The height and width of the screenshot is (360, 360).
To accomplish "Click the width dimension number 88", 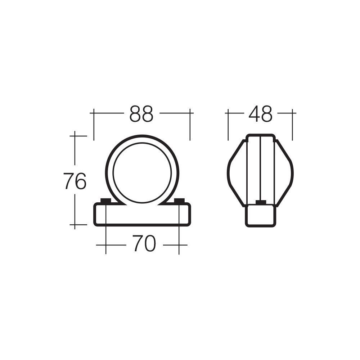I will click(141, 114).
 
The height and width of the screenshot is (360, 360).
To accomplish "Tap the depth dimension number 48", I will click(260, 114).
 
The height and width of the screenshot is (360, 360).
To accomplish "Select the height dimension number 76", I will click(75, 181).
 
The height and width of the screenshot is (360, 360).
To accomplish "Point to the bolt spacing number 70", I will click(144, 244).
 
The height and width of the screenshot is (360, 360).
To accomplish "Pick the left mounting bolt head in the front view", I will click(105, 201).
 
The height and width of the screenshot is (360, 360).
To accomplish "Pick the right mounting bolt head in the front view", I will click(179, 201).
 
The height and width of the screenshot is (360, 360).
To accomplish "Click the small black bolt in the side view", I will click(260, 202).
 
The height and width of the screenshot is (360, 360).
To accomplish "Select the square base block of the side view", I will click(260, 216).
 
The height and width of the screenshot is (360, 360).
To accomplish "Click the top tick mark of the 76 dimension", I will click(75, 136).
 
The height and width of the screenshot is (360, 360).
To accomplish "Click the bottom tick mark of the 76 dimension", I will click(75, 225).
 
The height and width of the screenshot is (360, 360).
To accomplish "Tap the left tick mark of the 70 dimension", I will click(105, 245).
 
